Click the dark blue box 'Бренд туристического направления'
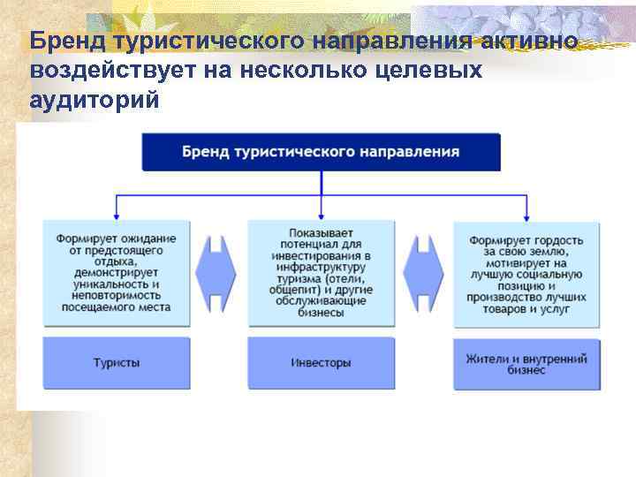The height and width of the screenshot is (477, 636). pyautogui.click(x=321, y=151)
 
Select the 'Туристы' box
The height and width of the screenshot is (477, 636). pyautogui.click(x=116, y=362)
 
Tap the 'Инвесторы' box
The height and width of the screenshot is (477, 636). pyautogui.click(x=321, y=362)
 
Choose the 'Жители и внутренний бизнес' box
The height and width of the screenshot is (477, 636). pyautogui.click(x=526, y=362)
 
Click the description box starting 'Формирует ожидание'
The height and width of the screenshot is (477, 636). pyautogui.click(x=116, y=273)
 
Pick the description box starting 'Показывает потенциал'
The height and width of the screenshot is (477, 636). pyautogui.click(x=321, y=273)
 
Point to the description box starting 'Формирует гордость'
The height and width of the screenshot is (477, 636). pyautogui.click(x=526, y=273)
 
